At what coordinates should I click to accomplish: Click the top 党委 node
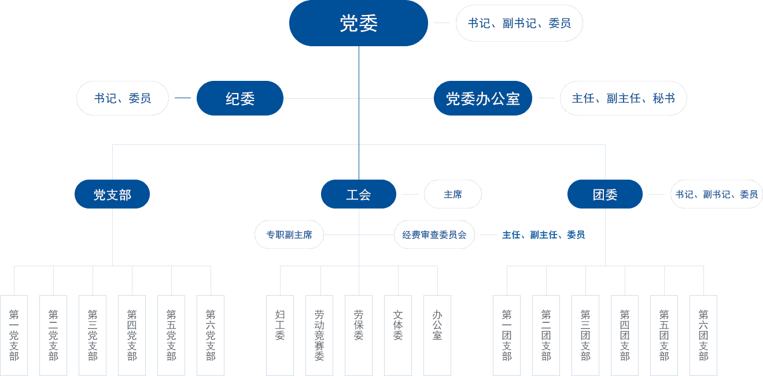pos(359,23)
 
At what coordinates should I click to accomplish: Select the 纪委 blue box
pos(240,98)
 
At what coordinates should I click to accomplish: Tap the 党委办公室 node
pos(482,98)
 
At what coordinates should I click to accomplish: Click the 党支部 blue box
pos(112,195)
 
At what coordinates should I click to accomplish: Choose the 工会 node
pos(359,195)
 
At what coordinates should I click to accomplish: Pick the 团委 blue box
pos(605,195)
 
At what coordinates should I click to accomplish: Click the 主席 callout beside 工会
pos(453,195)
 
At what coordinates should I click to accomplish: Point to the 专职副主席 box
pos(289,235)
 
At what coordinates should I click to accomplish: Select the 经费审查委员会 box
pos(434,235)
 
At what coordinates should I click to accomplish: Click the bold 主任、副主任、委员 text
pos(543,235)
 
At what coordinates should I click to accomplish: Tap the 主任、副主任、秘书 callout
pos(623,98)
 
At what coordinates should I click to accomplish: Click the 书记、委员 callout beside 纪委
pos(123,98)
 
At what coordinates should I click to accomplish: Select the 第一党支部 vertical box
pos(14,335)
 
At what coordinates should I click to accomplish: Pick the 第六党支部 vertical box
pos(211,335)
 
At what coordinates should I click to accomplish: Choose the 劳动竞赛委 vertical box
pos(319,335)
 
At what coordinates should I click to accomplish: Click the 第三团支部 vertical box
pos(585,335)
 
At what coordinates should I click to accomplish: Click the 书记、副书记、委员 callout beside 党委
pos(519,23)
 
